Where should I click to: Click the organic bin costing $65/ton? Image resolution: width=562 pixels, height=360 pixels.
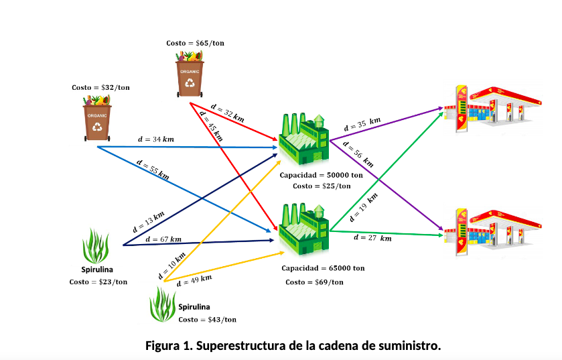point(192,73)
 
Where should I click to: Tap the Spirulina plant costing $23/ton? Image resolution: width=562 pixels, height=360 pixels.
point(96,246)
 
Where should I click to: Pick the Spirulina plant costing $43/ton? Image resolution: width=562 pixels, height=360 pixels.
point(163,304)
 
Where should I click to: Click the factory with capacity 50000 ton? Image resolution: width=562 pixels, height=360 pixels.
point(303,138)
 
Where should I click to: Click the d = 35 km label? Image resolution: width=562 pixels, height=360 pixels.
point(362,124)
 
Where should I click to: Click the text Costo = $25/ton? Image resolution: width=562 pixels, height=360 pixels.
point(322,186)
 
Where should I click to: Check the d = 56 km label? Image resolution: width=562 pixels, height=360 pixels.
point(361,156)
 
